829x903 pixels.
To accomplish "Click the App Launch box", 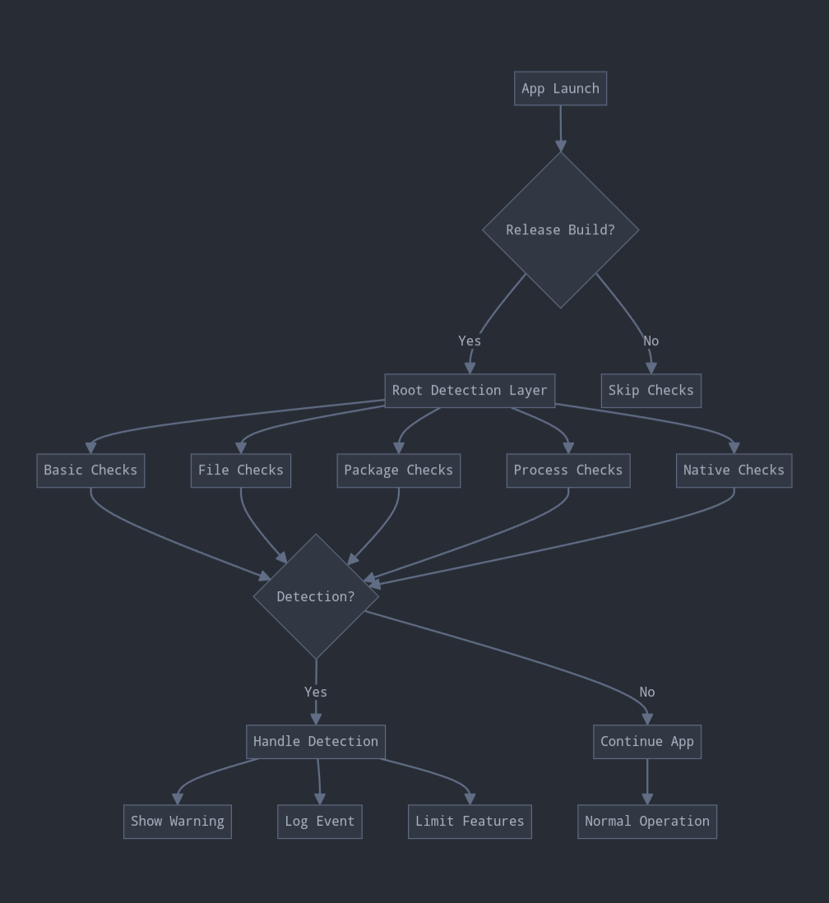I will tap(560, 89).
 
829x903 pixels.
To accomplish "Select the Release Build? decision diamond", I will tap(560, 230).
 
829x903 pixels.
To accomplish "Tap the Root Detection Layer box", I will tap(470, 391).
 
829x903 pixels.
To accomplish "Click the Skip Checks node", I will tap(651, 391).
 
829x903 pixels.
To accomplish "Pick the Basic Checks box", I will tap(90, 470).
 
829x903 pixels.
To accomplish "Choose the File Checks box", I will tap(241, 470).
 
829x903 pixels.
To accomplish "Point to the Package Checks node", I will tap(398, 470).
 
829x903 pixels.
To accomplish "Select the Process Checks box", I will tap(568, 470).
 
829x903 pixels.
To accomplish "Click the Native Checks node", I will tap(734, 470).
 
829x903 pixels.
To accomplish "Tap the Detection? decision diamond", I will tap(316, 597).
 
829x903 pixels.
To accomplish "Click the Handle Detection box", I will tap(316, 742).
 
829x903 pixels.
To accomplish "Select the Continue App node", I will tap(647, 742).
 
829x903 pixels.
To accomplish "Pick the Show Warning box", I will tap(178, 822).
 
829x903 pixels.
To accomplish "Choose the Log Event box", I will tap(320, 822).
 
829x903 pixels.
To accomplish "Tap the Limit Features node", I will tap(470, 822).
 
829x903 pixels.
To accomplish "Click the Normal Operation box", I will tap(647, 822).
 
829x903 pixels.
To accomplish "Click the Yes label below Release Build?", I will tap(470, 340).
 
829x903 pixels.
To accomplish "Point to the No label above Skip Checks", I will tap(651, 340).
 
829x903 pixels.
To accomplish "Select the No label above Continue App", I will tap(647, 692).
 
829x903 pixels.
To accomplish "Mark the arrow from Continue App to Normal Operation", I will tap(647, 781).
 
